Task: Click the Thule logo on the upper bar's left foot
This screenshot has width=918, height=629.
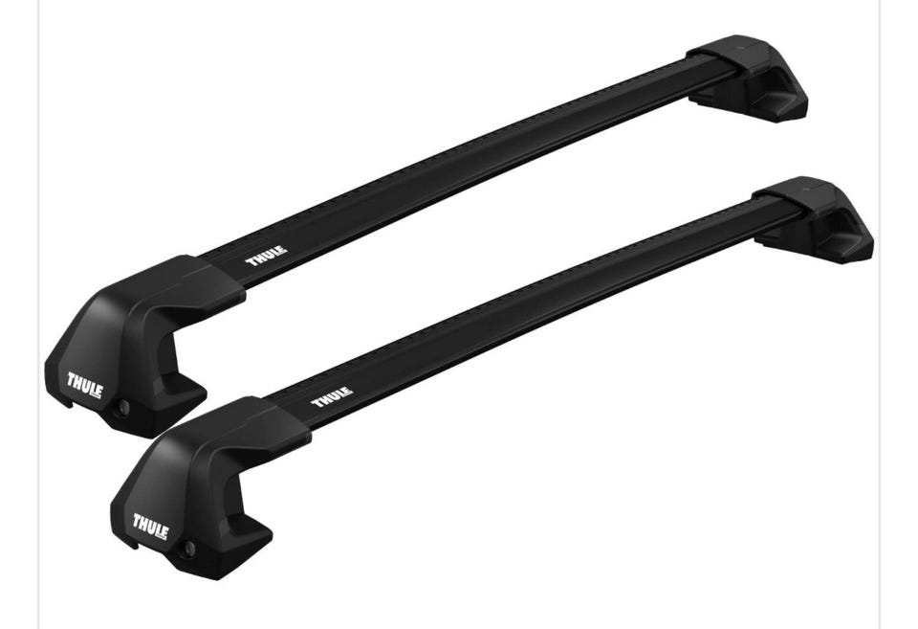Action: click(x=85, y=386)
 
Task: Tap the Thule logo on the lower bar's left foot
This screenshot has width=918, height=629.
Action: click(x=150, y=527)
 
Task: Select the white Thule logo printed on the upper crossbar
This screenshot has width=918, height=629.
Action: click(x=267, y=257)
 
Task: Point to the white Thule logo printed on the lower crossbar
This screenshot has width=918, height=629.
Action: click(x=332, y=397)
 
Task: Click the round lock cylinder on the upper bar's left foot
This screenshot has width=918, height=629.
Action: click(x=123, y=407)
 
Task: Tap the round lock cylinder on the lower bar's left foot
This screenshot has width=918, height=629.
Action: click(x=189, y=549)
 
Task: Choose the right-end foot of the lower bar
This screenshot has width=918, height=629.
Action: click(x=813, y=219)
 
